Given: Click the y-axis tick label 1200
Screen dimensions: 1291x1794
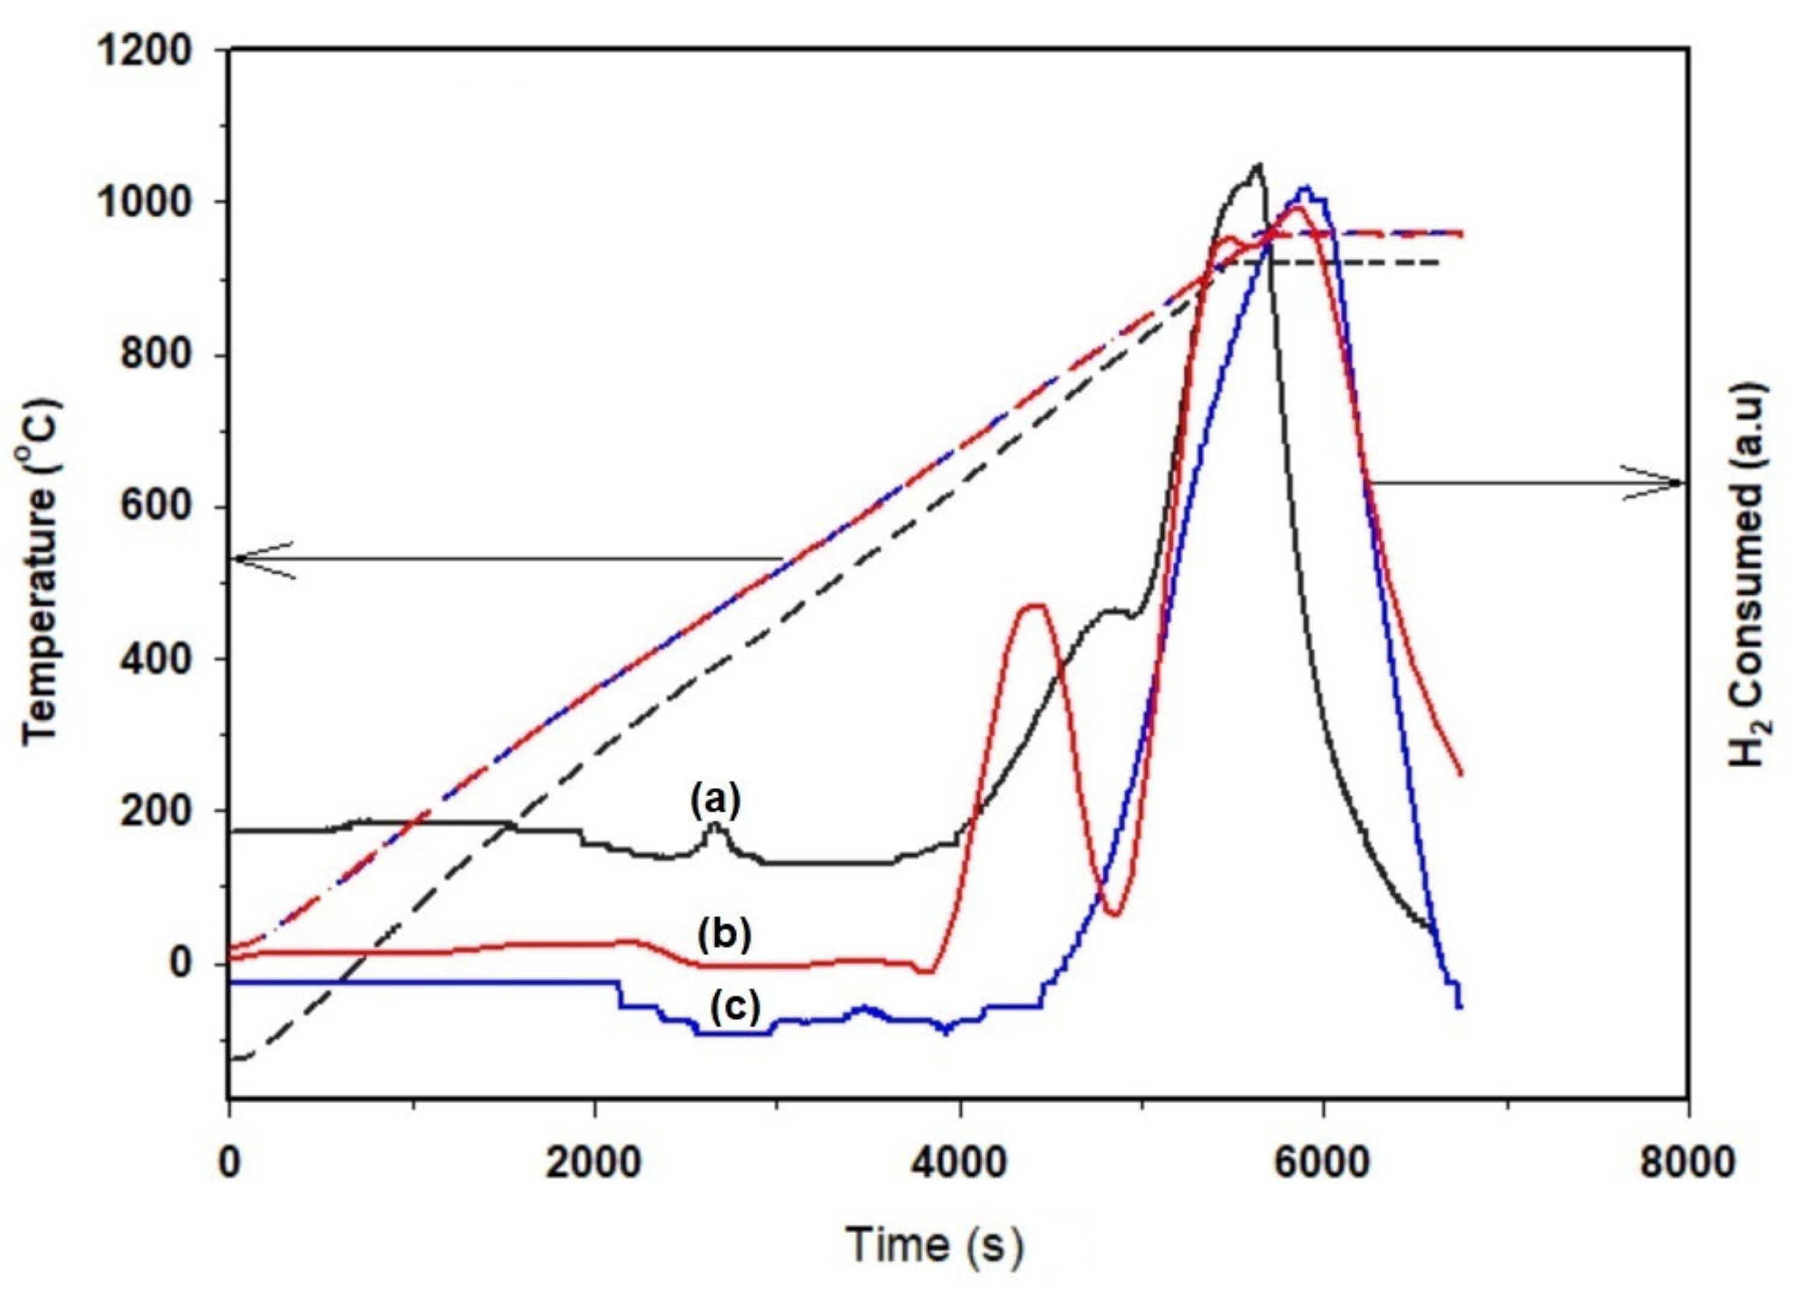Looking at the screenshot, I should pyautogui.click(x=145, y=52).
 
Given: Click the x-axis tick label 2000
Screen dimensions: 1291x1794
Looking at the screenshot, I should pyautogui.click(x=594, y=1164).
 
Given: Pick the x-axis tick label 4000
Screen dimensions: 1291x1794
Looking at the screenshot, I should pyautogui.click(x=960, y=1164).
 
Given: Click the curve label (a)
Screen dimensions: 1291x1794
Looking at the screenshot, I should pyautogui.click(x=716, y=800).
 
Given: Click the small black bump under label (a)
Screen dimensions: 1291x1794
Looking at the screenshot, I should pyautogui.click(x=715, y=825).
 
